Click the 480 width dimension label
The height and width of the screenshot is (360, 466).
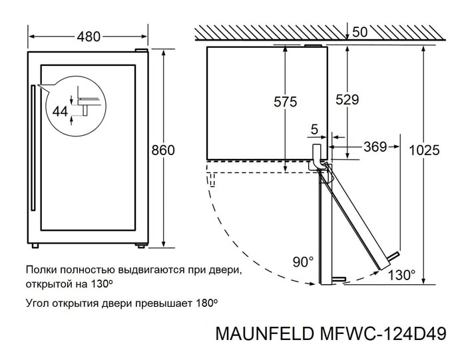coord(89,37)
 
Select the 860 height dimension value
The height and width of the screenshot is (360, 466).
coord(163,150)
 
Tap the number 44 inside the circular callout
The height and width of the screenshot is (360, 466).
coord(61,111)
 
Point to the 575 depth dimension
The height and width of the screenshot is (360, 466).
coord(286,102)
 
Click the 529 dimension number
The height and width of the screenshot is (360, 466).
coord(347,100)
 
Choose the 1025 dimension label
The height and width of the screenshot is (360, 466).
coord(424,150)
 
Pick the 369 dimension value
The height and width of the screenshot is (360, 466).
coord(375,147)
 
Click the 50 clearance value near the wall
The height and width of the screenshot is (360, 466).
coord(360,32)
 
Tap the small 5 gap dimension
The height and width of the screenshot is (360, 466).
coord(314,130)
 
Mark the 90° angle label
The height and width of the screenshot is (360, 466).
coord(303,262)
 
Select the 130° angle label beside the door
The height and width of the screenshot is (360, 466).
coord(402,275)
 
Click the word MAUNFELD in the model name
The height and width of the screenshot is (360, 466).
coord(264,333)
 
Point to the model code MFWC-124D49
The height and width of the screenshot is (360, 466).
coord(383,333)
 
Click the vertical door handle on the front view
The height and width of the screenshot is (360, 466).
coord(33,148)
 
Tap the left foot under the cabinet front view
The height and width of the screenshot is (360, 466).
coord(35,246)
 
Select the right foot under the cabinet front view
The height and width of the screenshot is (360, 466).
coord(140,246)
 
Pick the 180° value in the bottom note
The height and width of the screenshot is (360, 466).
coord(206,303)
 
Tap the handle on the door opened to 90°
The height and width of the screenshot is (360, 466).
coord(339,279)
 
